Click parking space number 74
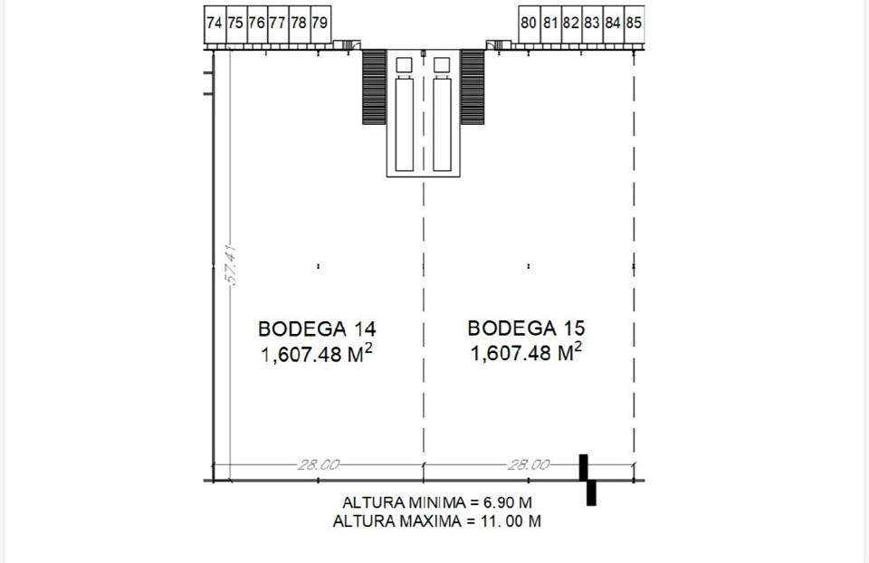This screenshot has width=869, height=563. point(215,24)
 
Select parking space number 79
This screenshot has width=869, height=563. point(320,24)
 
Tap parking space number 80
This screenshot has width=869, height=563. point(529,24)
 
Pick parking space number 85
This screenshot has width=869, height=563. point(634,24)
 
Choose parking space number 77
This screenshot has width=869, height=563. point(278,24)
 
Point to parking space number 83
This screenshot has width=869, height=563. point(592,24)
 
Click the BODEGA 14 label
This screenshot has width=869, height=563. point(317,329)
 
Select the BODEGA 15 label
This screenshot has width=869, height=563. point(527,328)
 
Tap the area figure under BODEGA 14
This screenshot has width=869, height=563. point(317,354)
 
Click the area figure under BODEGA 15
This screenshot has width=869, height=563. point(527,352)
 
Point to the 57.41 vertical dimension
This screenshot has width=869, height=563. point(232,264)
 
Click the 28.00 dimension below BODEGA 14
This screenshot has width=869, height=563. point(318,464)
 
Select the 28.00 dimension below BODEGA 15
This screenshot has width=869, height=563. point(529,464)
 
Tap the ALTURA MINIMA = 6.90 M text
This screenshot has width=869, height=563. point(437,502)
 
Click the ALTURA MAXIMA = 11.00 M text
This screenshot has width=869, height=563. point(437,521)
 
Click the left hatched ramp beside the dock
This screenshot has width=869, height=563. point(374,87)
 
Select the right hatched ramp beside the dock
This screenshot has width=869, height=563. point(473,87)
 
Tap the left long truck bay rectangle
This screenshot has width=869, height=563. point(405,125)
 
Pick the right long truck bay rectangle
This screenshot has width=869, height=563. point(442,125)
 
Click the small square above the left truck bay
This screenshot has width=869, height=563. point(405,65)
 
